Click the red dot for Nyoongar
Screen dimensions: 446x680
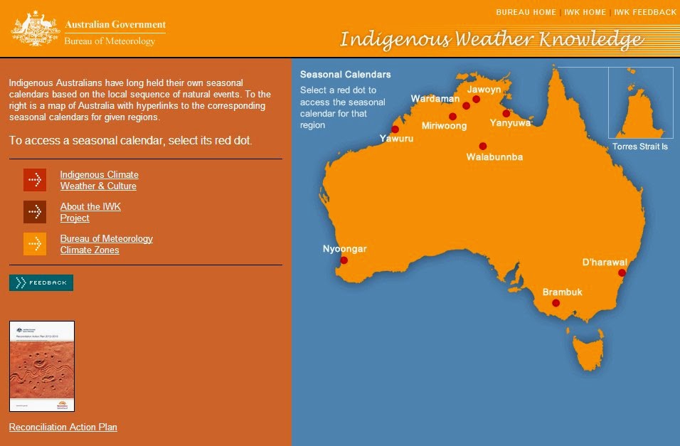(344, 260)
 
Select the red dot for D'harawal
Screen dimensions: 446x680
(622, 272)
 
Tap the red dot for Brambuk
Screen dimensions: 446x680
(556, 303)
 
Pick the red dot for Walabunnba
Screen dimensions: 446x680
(483, 146)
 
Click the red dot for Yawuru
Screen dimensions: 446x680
(395, 129)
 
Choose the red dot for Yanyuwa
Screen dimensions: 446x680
(506, 113)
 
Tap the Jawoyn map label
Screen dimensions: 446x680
(484, 90)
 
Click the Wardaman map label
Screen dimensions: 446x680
(435, 98)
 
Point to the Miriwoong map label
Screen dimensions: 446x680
(444, 126)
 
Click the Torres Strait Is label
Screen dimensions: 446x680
(640, 147)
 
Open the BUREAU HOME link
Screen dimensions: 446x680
(526, 12)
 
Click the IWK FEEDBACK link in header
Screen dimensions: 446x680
(645, 12)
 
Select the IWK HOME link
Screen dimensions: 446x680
(585, 12)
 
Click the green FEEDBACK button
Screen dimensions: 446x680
(41, 282)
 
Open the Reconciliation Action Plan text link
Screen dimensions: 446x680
(63, 427)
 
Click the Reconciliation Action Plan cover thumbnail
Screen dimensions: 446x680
(42, 366)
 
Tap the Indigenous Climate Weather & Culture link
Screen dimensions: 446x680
(99, 180)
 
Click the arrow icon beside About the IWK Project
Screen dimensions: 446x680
(35, 212)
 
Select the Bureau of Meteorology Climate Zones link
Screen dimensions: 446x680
(106, 244)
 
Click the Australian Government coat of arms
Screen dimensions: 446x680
(34, 31)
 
